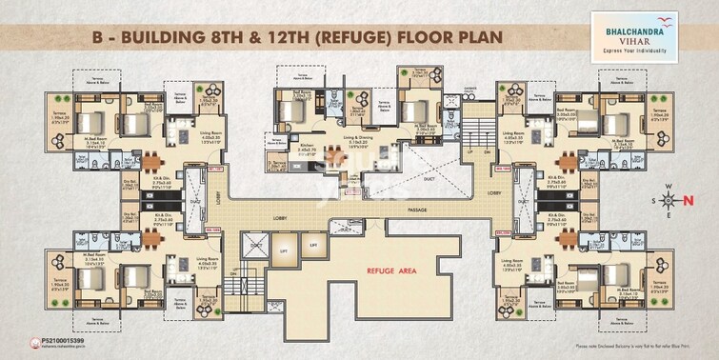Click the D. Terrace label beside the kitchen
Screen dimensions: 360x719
pos(278,164)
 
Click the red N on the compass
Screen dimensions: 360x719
pos(692,200)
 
